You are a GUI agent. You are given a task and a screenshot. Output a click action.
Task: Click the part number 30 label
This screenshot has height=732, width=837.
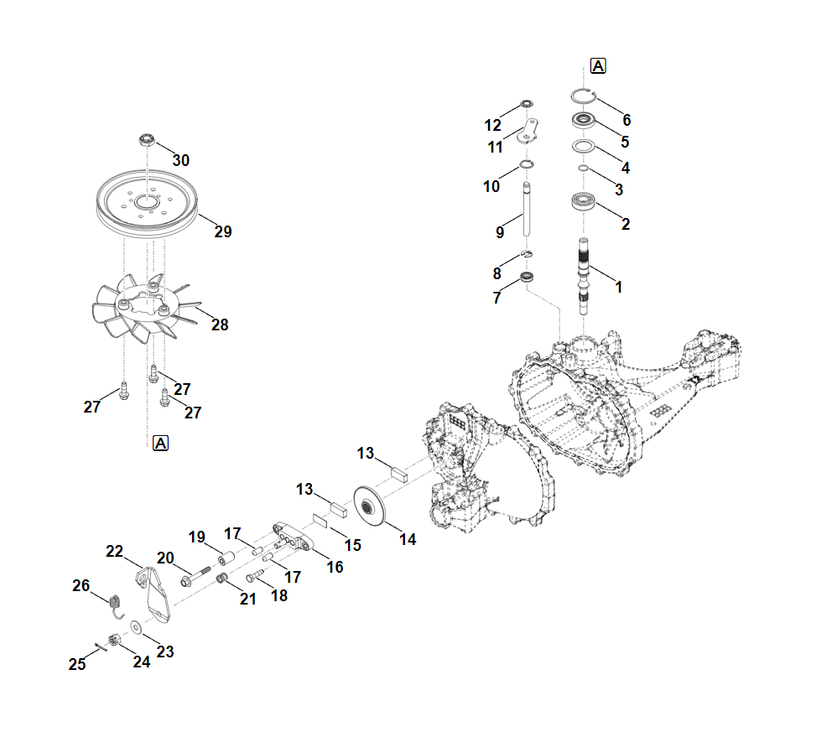(x=181, y=160)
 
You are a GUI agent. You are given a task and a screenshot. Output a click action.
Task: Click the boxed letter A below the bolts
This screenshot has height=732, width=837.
(x=160, y=443)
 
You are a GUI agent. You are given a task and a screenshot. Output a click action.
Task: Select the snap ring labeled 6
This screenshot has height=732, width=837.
(x=584, y=95)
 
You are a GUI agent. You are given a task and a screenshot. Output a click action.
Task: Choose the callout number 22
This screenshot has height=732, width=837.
(x=115, y=551)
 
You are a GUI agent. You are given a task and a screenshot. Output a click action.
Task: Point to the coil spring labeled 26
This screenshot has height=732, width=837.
(x=116, y=601)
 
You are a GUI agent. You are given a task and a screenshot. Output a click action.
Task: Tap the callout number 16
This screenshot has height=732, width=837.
(x=335, y=568)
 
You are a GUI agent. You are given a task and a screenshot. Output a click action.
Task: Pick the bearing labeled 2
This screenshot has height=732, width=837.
(x=584, y=203)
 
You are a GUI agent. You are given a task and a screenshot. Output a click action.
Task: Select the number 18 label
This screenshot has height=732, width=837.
(x=278, y=595)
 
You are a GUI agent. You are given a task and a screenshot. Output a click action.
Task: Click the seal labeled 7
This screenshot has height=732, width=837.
(x=527, y=277)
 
